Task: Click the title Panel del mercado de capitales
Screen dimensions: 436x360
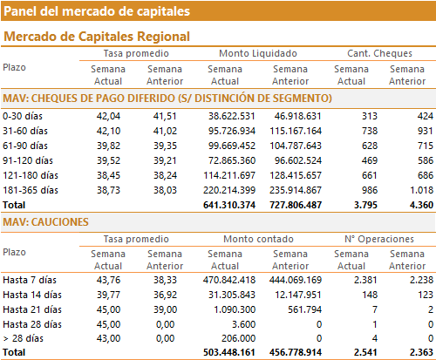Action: click(x=97, y=11)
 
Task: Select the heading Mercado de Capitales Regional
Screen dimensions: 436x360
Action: click(x=97, y=37)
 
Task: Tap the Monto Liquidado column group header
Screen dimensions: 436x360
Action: click(x=258, y=53)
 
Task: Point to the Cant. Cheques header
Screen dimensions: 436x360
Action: click(x=379, y=53)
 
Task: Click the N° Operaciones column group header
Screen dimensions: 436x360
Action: click(x=379, y=239)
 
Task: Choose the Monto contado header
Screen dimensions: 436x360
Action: click(x=258, y=239)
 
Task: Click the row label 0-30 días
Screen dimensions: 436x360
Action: click(x=23, y=116)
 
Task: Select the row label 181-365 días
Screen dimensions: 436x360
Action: click(x=31, y=190)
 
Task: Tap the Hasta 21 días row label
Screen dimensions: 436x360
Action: click(x=32, y=309)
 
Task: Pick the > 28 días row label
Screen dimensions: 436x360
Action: click(x=23, y=338)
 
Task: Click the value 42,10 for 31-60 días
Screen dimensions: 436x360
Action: click(x=108, y=131)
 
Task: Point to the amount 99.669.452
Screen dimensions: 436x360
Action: click(x=232, y=146)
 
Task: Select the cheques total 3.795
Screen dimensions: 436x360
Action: click(x=365, y=205)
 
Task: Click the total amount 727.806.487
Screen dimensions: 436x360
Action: click(x=296, y=205)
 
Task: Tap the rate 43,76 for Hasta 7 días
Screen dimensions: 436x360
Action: click(x=108, y=280)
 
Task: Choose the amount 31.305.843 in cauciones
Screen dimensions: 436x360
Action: click(x=232, y=295)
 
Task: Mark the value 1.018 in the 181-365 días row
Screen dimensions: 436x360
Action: click(x=421, y=190)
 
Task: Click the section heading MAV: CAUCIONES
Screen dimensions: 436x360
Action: click(x=45, y=222)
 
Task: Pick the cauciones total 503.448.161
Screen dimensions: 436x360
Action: click(x=229, y=352)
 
